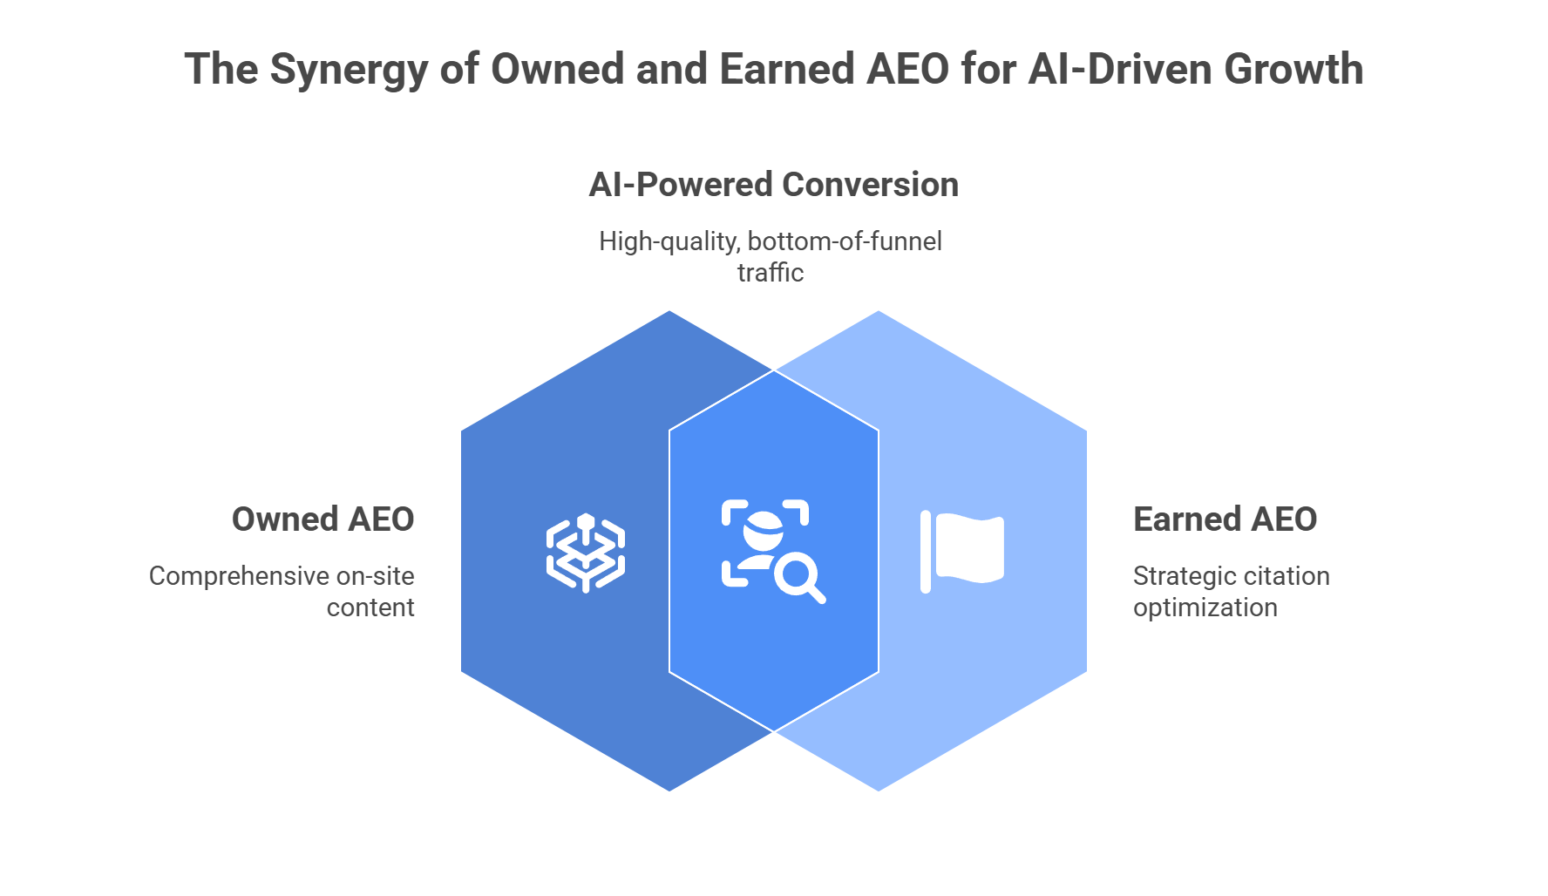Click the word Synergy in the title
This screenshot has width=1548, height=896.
coord(348,70)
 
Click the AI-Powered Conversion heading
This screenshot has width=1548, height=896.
coord(773,185)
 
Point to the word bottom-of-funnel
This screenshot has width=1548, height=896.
coord(845,241)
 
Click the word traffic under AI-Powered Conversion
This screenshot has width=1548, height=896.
coord(771,273)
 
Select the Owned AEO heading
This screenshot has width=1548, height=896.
coord(322,519)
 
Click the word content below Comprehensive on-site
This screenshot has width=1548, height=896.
coord(370,608)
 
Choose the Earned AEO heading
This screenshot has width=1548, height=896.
coord(1225,519)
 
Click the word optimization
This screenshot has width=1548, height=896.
coord(1205,608)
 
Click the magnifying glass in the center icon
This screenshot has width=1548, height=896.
coord(798,578)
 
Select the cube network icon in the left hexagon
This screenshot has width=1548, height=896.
coord(586,553)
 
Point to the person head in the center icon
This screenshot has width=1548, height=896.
coord(764,527)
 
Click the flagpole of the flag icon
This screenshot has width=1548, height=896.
coord(926,553)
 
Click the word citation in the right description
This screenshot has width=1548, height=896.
coord(1280,576)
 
